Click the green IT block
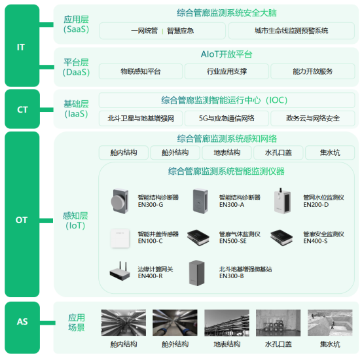tap(22, 46)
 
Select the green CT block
tap(22, 109)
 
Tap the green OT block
tap(22, 220)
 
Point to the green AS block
tap(22, 322)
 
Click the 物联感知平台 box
tap(141, 71)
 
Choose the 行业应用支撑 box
tap(226, 71)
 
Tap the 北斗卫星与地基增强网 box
tap(141, 118)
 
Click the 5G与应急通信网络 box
tap(226, 118)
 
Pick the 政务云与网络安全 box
tap(312, 118)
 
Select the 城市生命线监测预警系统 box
tap(291, 31)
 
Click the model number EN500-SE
tap(233, 241)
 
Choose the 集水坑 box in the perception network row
tap(330, 153)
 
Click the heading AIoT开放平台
tap(226, 55)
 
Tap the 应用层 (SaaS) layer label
tap(75, 24)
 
